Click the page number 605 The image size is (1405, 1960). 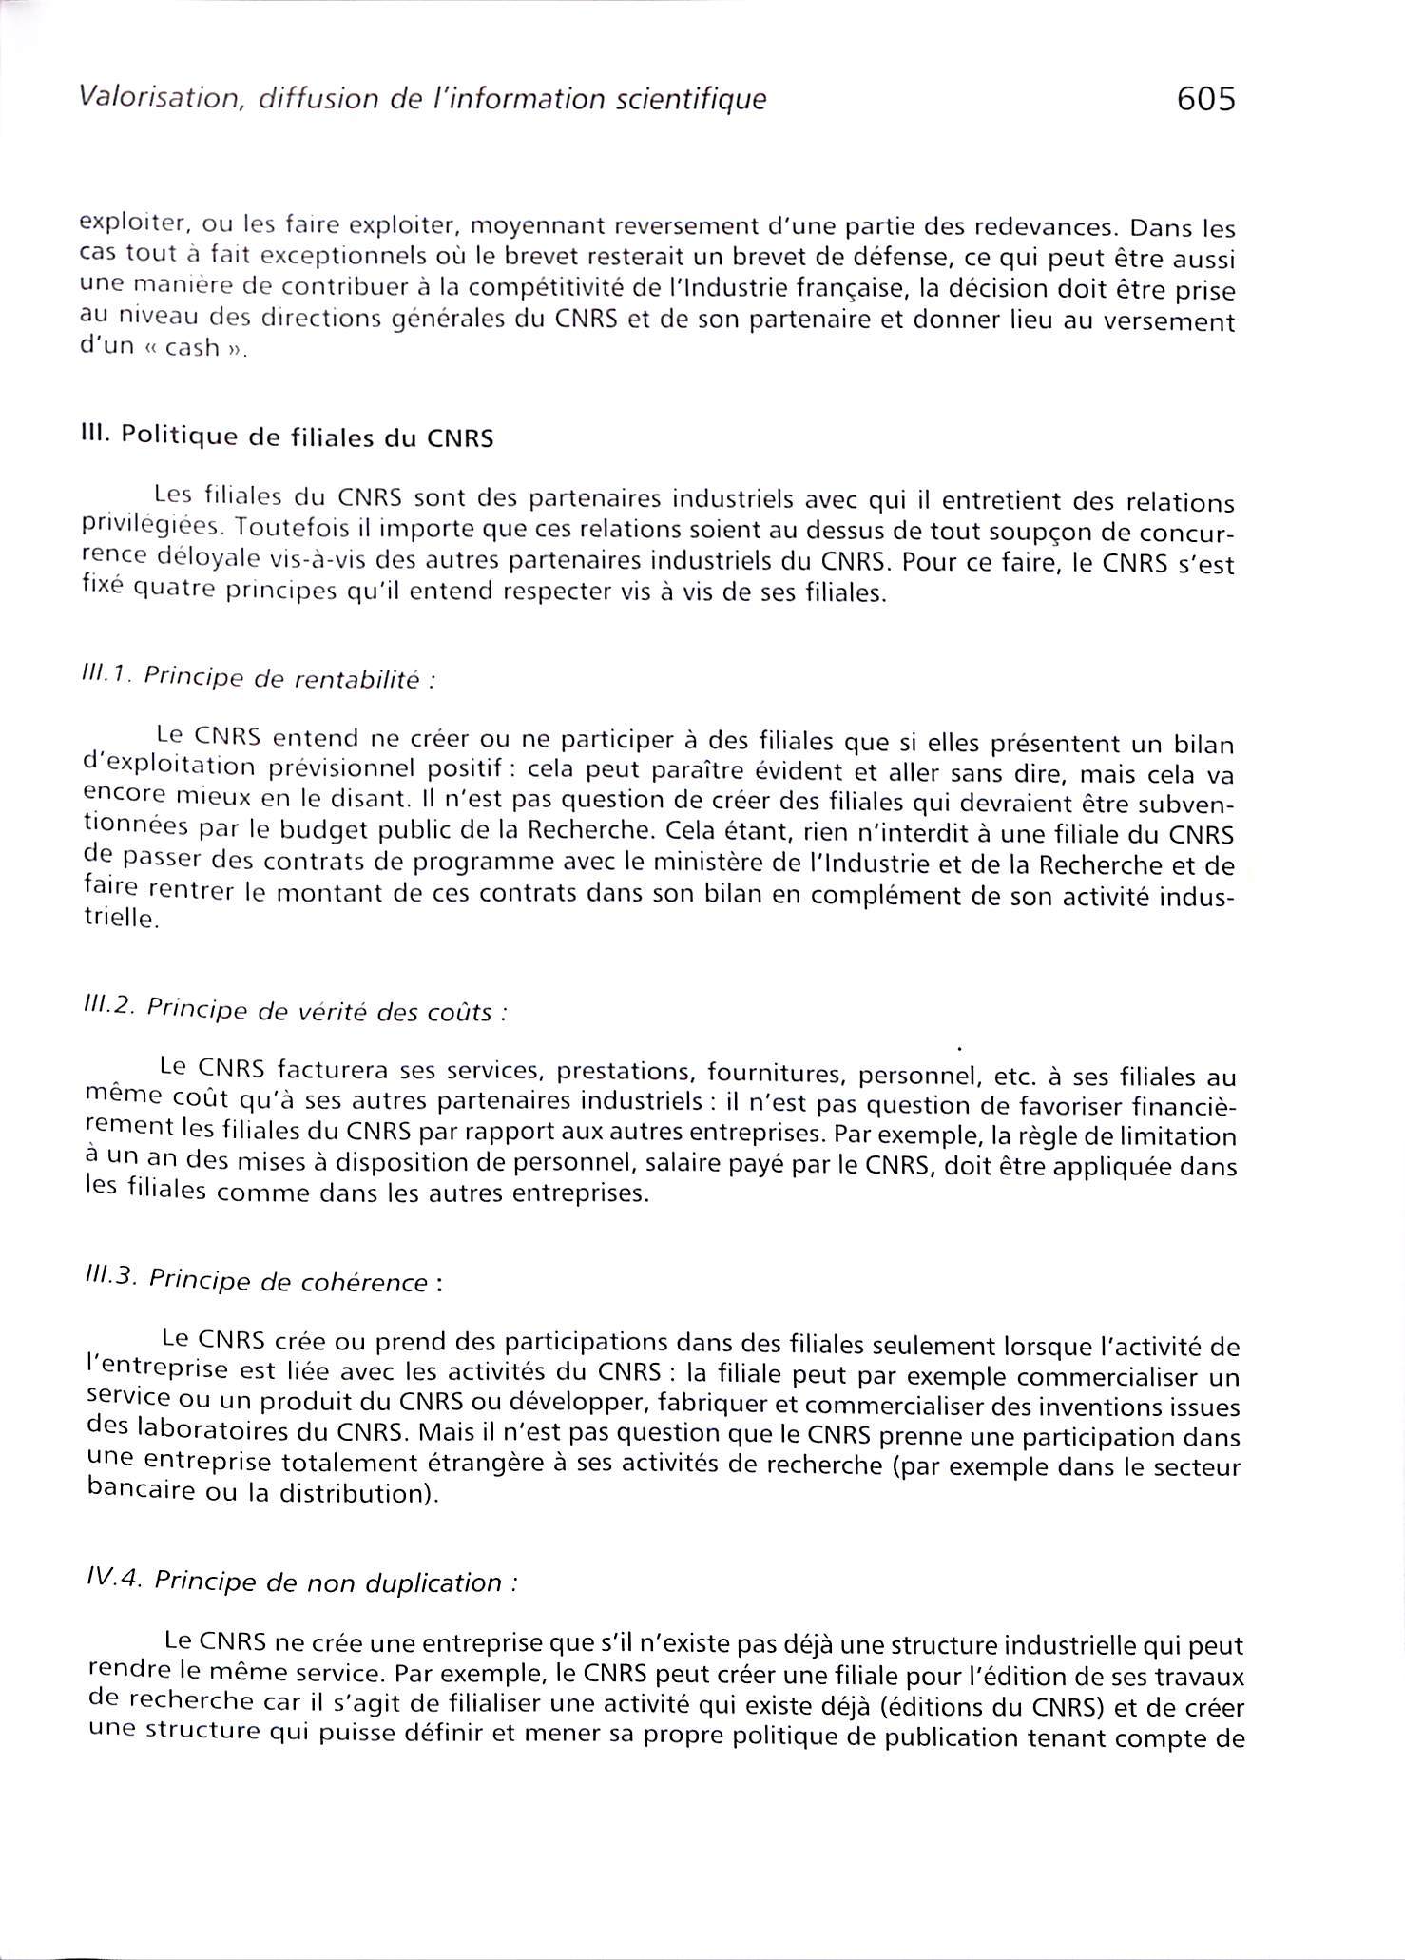[1205, 99]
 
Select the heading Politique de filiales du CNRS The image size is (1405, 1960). [307, 438]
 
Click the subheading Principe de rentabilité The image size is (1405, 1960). [281, 679]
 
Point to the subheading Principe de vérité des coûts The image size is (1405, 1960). [319, 1010]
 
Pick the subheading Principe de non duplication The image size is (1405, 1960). [330, 1582]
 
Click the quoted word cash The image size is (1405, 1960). [192, 348]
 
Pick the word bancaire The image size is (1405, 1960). [139, 1492]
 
